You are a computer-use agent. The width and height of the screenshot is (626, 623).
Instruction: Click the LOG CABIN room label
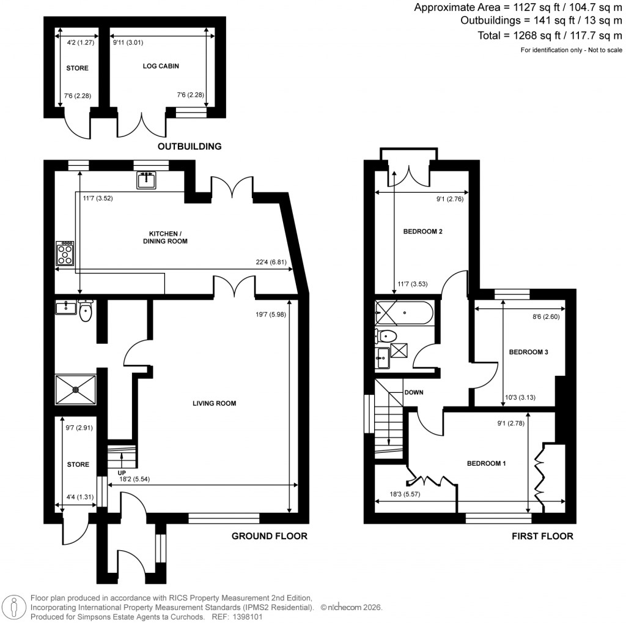pyautogui.click(x=155, y=65)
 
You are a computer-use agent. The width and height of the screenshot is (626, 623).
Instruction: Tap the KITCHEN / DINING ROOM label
pyautogui.click(x=164, y=237)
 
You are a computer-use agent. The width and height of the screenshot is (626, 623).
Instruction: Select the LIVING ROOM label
pyautogui.click(x=214, y=403)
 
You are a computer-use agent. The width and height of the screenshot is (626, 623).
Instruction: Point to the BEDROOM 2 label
pyautogui.click(x=422, y=232)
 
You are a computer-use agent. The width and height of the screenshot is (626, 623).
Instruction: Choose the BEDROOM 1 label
pyautogui.click(x=487, y=463)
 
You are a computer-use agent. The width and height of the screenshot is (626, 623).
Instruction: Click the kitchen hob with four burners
pyautogui.click(x=65, y=253)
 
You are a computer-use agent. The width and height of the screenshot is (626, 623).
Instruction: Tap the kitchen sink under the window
pyautogui.click(x=147, y=180)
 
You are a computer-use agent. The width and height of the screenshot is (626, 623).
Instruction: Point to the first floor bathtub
pyautogui.click(x=405, y=315)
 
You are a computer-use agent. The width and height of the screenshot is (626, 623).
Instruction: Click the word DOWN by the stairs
pyautogui.click(x=413, y=392)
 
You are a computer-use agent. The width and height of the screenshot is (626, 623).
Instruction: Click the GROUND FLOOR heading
pyautogui.click(x=269, y=536)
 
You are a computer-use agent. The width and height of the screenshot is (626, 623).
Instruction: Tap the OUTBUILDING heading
pyautogui.click(x=190, y=147)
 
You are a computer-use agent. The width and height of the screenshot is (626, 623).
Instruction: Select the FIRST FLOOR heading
pyautogui.click(x=542, y=536)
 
